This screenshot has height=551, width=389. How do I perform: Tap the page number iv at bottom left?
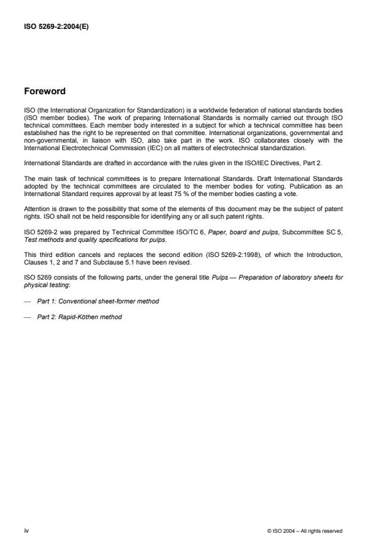pyautogui.click(x=26, y=530)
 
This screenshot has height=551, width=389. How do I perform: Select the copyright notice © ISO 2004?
pyautogui.click(x=305, y=531)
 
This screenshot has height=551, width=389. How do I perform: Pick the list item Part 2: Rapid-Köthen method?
pyautogui.click(x=79, y=317)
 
